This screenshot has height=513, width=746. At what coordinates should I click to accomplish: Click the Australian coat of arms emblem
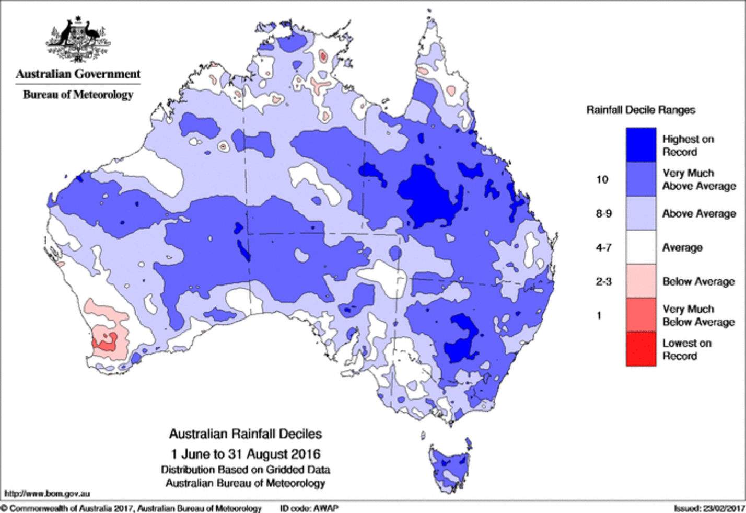pos(78,39)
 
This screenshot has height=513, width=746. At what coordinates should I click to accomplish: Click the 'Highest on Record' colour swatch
pos(641,145)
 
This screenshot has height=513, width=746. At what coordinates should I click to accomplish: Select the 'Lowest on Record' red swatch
pos(641,349)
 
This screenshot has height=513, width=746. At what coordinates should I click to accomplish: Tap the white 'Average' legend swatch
pos(641,247)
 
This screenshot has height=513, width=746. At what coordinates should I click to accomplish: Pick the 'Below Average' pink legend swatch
pos(641,281)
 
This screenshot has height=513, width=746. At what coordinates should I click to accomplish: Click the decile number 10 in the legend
pos(602,179)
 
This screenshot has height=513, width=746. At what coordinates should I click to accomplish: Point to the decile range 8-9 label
pos(603,213)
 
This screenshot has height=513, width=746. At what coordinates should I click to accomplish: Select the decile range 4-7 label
pos(603,247)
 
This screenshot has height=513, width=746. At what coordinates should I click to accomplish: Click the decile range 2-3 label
pos(603,281)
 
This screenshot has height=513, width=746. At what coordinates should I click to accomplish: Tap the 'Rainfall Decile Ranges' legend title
pos(640,110)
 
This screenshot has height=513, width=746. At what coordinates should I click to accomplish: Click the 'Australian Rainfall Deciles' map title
pos(245,434)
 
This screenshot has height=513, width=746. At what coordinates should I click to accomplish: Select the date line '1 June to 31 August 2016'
pos(245,453)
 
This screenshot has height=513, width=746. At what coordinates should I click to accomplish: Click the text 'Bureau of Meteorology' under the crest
pos(78,95)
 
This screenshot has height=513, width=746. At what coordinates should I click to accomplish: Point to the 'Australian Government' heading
pos(78,74)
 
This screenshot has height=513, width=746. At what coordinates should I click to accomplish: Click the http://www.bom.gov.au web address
pos(47,493)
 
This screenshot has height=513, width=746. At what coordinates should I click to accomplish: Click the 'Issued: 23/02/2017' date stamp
pos(708,508)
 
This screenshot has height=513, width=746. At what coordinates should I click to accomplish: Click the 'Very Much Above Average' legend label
pos(698,179)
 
